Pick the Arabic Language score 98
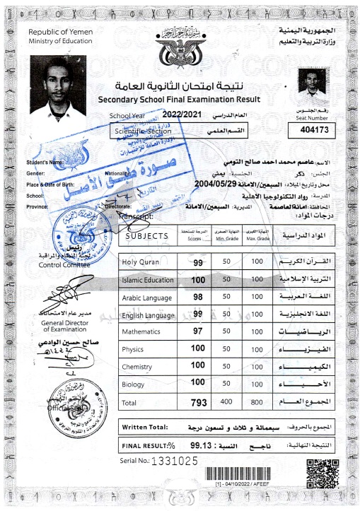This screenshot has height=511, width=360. (x=198, y=297)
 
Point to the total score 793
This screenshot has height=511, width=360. (x=198, y=401)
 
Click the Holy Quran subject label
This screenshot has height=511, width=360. (x=141, y=263)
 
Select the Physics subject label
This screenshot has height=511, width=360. (x=133, y=348)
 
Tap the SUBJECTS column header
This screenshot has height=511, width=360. (x=146, y=235)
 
